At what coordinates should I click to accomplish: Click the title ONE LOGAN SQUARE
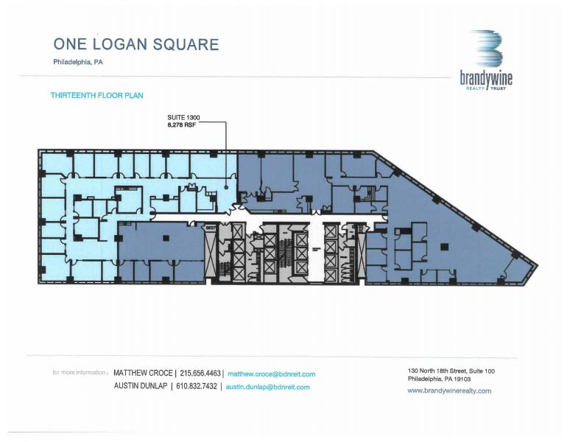coord(136,43)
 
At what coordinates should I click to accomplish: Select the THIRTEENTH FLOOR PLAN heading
coord(96,96)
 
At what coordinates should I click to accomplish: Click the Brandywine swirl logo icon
coord(486,49)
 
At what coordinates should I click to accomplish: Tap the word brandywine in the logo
coord(486,78)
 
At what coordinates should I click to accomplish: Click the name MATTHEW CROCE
coord(143,373)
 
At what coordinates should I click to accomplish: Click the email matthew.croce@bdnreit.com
coord(271,374)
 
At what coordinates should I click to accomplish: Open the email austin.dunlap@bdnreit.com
coord(267,387)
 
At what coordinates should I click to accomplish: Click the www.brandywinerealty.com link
coord(448,391)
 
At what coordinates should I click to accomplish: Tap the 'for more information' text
coord(80,373)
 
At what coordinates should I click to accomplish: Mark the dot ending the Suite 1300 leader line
coord(226,189)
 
